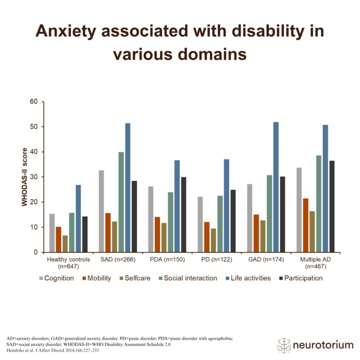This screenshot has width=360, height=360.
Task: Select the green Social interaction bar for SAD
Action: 121,202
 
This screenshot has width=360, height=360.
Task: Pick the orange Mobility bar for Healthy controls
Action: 59,240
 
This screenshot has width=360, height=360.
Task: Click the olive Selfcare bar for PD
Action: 213,240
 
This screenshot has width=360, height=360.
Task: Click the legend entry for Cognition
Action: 56,278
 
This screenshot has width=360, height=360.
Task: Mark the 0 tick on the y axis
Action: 34,252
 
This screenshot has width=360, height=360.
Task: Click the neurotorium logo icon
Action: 284,345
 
